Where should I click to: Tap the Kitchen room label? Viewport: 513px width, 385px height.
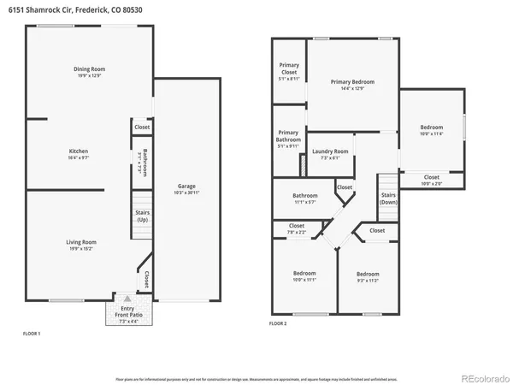78,151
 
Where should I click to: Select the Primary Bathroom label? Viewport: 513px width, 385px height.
288,136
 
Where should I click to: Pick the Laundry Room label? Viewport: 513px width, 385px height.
329,151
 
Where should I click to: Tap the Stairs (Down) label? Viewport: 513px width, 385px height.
388,198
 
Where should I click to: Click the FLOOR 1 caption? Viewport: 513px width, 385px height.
31,333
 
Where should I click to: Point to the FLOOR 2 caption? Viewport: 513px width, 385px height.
278,324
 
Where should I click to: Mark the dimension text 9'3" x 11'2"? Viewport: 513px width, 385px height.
369,280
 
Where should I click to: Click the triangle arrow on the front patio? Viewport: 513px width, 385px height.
127,300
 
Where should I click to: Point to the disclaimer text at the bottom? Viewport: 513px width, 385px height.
256,377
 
